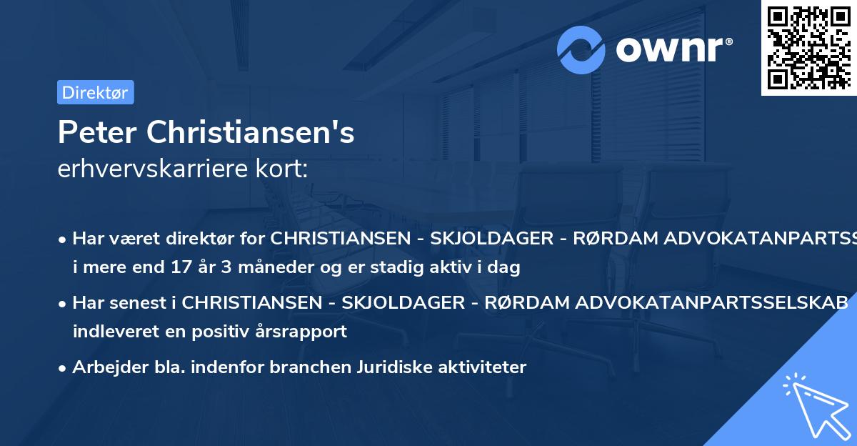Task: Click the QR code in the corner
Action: point(808,47)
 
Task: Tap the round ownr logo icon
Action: point(581,49)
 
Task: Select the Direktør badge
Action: point(96,92)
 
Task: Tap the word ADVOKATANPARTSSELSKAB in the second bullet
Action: point(666,302)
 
